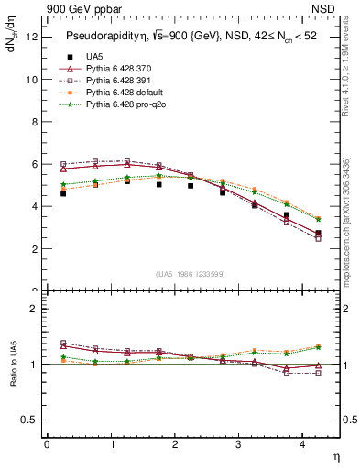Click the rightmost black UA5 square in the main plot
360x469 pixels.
tap(318, 234)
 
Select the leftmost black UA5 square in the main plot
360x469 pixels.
tap(63, 193)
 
